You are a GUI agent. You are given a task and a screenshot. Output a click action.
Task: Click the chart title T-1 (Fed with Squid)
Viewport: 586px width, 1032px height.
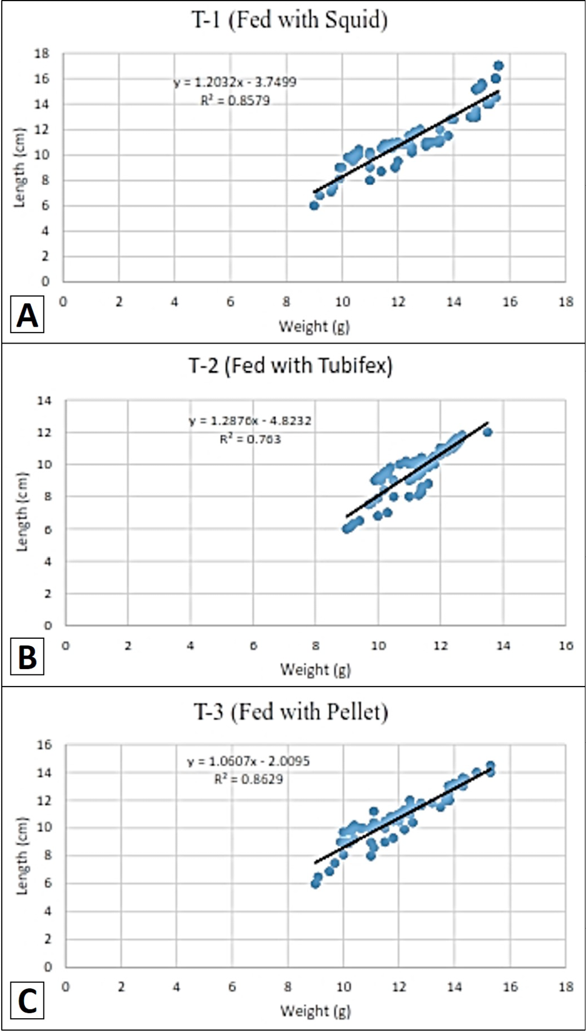(x=289, y=21)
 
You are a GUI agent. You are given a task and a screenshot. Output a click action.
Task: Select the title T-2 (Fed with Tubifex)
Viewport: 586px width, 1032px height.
(x=290, y=366)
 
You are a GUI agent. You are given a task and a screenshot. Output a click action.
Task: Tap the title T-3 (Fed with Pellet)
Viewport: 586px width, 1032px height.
(x=291, y=712)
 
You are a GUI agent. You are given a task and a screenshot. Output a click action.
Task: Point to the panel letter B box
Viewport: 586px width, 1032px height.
(x=27, y=657)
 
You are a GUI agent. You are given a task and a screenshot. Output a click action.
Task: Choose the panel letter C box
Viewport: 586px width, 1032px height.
(x=27, y=1001)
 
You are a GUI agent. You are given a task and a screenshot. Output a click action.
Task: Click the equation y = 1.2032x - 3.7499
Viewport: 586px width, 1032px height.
(x=235, y=82)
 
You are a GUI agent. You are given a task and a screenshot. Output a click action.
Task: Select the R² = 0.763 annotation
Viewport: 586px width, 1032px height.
(x=250, y=439)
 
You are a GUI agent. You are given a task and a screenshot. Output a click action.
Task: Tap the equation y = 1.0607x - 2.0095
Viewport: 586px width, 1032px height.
(x=249, y=761)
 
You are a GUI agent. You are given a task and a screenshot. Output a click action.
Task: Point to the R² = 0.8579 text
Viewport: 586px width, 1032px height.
(x=235, y=100)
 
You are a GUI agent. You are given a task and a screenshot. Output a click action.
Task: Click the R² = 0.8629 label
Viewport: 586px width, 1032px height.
(x=249, y=779)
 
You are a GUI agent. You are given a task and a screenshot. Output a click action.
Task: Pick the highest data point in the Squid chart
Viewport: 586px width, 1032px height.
(x=498, y=66)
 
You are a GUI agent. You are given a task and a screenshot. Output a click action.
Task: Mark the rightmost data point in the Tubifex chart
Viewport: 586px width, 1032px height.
(x=488, y=432)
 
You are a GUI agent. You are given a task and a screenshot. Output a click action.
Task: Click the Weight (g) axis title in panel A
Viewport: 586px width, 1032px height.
(x=314, y=327)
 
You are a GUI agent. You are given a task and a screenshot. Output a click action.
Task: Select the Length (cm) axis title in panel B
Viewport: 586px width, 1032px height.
(x=22, y=512)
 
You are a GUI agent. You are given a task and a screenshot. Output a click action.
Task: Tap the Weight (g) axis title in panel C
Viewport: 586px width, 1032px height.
(x=316, y=1011)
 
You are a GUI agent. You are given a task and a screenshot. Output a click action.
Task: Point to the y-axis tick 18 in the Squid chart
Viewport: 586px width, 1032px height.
(x=42, y=54)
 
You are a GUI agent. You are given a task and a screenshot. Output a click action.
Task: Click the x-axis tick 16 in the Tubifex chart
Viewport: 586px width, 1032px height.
(x=566, y=646)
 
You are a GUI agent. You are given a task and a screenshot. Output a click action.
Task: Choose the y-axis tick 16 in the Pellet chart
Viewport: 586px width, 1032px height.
(x=44, y=745)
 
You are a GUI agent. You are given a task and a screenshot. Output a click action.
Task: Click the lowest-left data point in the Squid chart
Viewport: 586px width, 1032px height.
(x=314, y=206)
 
